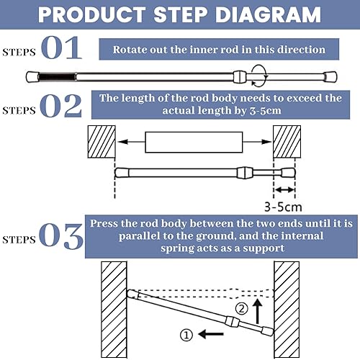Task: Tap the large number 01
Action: (x=63, y=50)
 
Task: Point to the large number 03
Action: (x=63, y=235)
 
